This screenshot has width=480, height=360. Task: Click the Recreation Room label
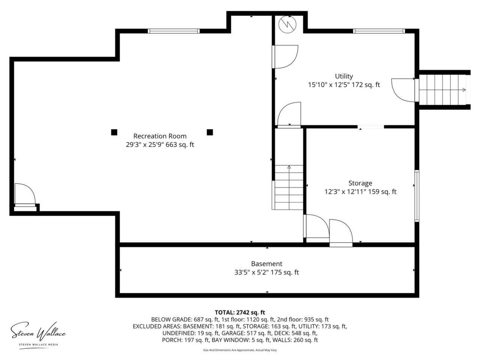(x=160, y=136)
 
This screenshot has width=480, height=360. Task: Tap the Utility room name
(x=344, y=76)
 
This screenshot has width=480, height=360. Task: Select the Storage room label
(x=360, y=183)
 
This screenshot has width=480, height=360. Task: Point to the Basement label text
(x=267, y=264)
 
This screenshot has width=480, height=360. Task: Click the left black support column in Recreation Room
(x=114, y=132)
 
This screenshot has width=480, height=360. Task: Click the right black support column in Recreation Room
(x=210, y=132)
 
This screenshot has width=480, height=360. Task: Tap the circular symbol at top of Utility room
(x=287, y=24)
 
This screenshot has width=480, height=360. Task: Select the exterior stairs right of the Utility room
(x=442, y=90)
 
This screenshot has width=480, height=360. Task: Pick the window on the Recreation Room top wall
(x=174, y=31)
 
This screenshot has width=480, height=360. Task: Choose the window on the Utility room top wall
(x=379, y=31)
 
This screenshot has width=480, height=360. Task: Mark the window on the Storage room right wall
(x=417, y=196)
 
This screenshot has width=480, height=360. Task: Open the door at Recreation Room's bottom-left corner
(x=25, y=195)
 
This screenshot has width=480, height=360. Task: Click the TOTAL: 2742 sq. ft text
(x=240, y=312)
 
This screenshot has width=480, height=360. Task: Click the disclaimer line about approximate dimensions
(x=240, y=350)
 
